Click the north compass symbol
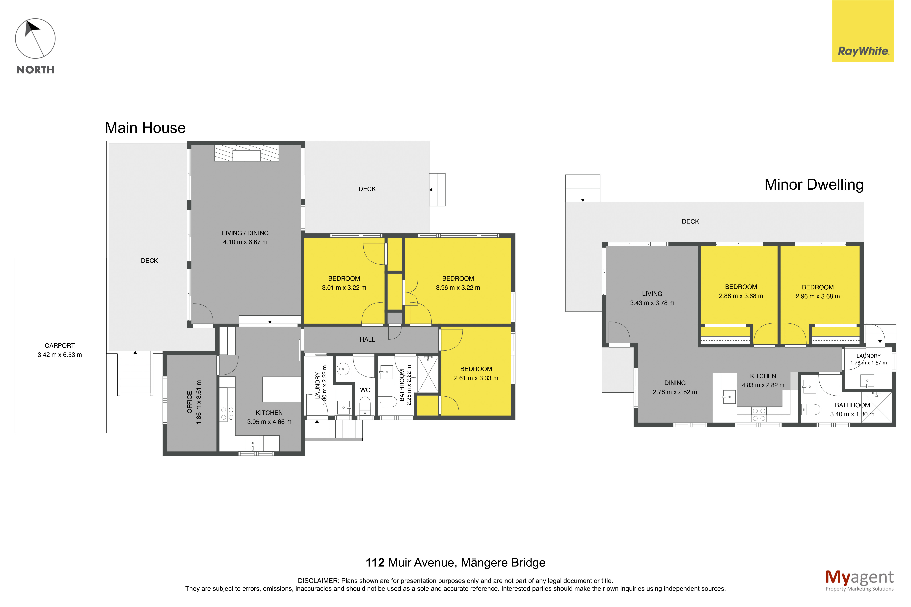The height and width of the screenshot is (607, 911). tap(35, 39)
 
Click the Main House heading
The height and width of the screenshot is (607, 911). tap(145, 128)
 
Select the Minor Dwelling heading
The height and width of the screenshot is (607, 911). tap(814, 185)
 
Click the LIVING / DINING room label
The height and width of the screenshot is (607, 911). tap(245, 233)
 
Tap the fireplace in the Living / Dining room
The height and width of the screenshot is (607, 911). tap(247, 153)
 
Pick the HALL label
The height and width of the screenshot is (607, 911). tap(367, 339)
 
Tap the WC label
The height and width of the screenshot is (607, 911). tap(365, 390)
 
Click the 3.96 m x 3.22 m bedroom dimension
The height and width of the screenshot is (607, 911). tap(458, 288)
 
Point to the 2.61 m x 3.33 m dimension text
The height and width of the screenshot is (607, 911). tap(476, 378)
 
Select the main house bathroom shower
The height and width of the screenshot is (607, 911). tap(428, 375)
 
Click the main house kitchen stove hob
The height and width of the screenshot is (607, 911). tap(227, 413)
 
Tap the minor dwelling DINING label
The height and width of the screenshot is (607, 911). tap(675, 383)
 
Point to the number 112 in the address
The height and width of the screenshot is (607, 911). tap(375, 562)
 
